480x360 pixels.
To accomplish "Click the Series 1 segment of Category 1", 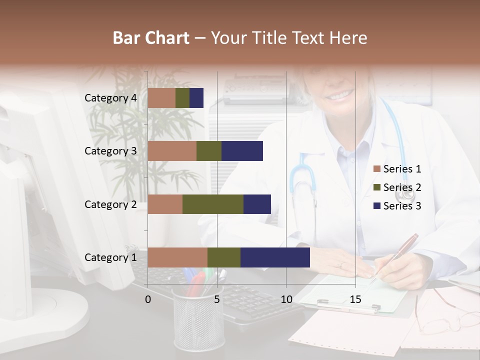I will tap(177, 257).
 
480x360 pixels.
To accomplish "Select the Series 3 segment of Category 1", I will tap(275, 257).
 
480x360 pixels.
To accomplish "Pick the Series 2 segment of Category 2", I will tap(213, 204).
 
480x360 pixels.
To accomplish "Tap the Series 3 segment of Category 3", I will tap(242, 151).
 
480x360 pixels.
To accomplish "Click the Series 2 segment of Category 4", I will tap(182, 98).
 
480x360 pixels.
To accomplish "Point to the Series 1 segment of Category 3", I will tap(172, 151).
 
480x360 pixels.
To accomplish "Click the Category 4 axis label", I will tap(110, 98).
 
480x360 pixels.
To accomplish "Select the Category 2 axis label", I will tap(110, 204).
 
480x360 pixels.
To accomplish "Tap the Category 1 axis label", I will tap(110, 257).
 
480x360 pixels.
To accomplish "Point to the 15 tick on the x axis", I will tap(355, 299).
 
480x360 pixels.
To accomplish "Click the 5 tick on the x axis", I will tap(217, 299).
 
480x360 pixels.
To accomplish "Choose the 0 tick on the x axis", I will tap(148, 299).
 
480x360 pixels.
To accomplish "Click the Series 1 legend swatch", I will tap(376, 169).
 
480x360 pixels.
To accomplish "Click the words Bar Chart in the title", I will tap(151, 37).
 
